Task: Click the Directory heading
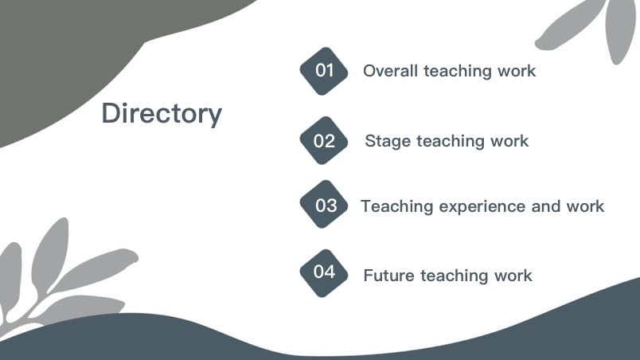(x=162, y=113)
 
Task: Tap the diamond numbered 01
(x=324, y=71)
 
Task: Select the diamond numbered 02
(x=324, y=140)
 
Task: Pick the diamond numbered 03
(x=324, y=204)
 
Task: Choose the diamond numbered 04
(x=324, y=273)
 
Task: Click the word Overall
(x=391, y=71)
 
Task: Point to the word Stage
(x=388, y=142)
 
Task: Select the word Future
(x=389, y=276)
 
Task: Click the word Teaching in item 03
(x=396, y=206)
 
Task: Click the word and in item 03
(x=546, y=206)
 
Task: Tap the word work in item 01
(x=517, y=71)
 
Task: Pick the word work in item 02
(x=509, y=141)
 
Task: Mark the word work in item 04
(x=513, y=276)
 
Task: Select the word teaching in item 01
(x=458, y=72)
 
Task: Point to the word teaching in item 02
(x=451, y=142)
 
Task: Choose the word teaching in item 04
(x=455, y=276)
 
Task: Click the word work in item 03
(x=585, y=206)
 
